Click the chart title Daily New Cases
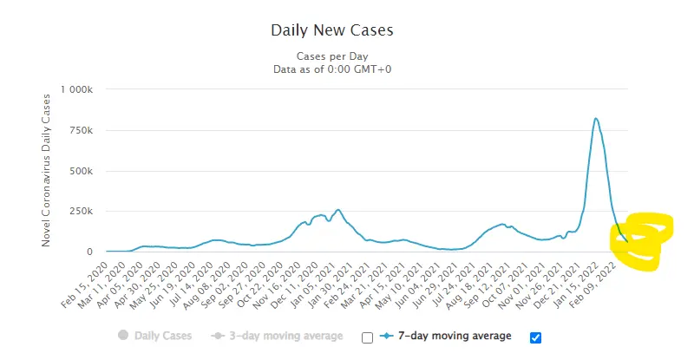click(x=332, y=30)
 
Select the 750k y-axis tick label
click(x=82, y=130)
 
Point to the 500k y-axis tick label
click(x=82, y=171)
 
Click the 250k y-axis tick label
click(x=82, y=212)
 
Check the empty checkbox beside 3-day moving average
click(x=366, y=337)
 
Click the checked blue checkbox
click(x=535, y=337)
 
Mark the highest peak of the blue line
click(x=595, y=119)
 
